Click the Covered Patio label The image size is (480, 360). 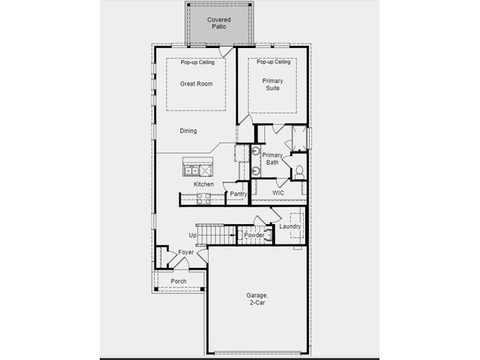219,23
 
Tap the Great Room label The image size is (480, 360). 196,83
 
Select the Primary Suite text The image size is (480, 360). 272,85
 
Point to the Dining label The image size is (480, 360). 188,130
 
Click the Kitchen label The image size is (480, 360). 203,184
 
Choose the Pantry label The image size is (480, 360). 238,193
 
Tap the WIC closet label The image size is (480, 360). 278,193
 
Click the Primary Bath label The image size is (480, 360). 272,158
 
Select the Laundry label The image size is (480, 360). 290,226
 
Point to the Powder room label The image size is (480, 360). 254,235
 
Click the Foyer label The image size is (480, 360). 186,252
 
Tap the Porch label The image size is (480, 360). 178,281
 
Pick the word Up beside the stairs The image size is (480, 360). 193,235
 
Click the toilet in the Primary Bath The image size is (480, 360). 299,172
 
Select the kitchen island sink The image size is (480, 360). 191,170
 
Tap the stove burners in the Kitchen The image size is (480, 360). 203,199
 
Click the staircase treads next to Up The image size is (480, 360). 216,235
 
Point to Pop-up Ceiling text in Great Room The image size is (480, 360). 197,62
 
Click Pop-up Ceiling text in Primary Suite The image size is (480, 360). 273,61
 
